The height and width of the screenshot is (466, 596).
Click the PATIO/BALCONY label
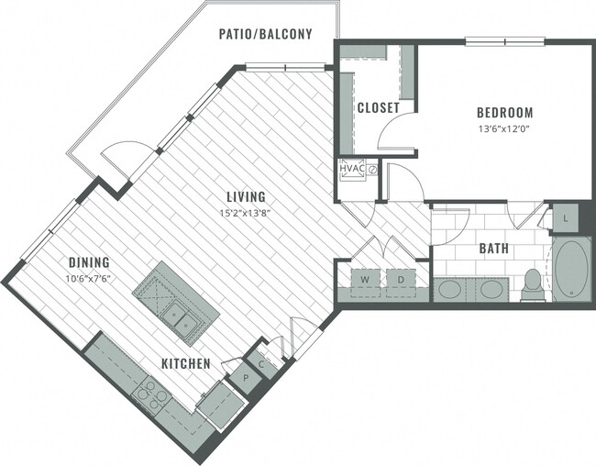pyautogui.click(x=265, y=34)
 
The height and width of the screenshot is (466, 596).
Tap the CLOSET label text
pyautogui.click(x=378, y=107)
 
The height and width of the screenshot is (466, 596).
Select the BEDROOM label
pyautogui.click(x=503, y=113)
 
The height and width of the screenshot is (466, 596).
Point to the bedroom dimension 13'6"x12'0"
pyautogui.click(x=503, y=128)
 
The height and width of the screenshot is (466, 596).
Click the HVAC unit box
pyautogui.click(x=352, y=171)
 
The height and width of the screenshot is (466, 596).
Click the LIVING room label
pyautogui.click(x=248, y=196)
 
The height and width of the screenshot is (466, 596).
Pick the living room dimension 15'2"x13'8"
pyautogui.click(x=248, y=212)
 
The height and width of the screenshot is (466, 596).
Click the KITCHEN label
pyautogui.click(x=186, y=364)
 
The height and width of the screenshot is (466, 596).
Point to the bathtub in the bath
pyautogui.click(x=573, y=270)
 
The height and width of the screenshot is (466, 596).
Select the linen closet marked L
pyautogui.click(x=565, y=217)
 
